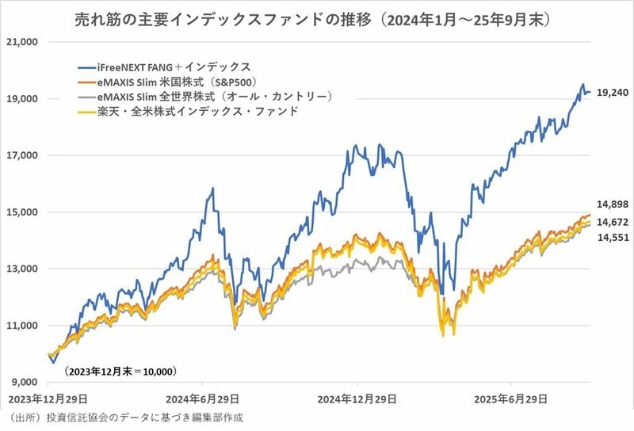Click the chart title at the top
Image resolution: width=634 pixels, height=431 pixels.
tap(317, 17)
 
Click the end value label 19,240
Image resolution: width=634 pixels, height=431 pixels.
tap(612, 93)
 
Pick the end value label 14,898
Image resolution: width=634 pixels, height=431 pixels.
tap(611, 205)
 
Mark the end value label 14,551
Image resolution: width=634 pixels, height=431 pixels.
tap(611, 237)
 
